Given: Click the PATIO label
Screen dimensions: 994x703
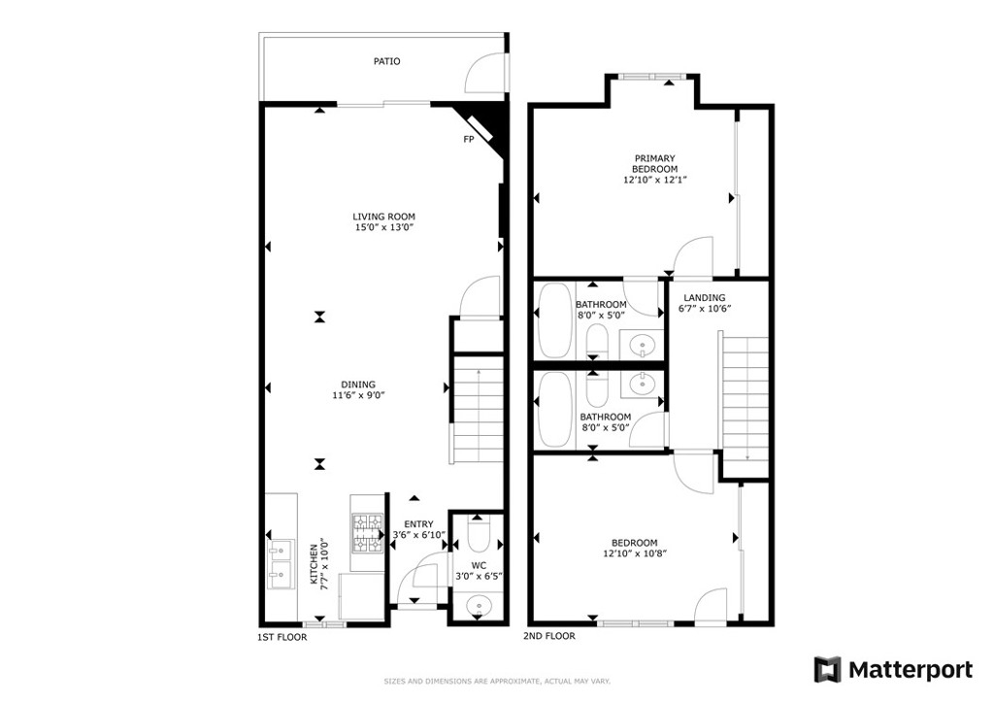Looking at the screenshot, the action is pos(386,61).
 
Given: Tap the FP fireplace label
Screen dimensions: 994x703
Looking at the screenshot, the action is pos(469,140).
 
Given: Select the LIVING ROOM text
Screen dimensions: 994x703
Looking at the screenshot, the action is pos(384,217).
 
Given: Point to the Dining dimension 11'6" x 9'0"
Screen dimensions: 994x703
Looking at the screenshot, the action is pos(359,395).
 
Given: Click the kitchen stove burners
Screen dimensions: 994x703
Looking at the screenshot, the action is pos(368,533).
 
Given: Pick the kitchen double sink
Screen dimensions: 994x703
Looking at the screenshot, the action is pos(281,564).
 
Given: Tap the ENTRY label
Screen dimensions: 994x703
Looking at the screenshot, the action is pos(419,524).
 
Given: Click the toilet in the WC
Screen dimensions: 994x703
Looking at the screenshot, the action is pos(478,534).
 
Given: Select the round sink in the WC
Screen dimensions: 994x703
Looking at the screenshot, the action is pos(478,607).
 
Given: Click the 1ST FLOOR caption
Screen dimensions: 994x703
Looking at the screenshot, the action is pos(282,637).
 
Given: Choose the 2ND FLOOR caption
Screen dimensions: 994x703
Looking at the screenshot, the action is pos(549,636).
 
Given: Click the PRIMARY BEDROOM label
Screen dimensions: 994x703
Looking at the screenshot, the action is pos(655,163).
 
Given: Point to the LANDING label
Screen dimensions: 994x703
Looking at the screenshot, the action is pos(705,297).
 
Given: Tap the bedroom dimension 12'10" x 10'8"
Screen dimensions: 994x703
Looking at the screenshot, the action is pos(635,553).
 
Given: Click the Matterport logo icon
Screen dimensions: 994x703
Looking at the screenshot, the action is pos(827,669).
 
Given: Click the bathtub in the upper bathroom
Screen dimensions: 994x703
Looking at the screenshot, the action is pos(554,320).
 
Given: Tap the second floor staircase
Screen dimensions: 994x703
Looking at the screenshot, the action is pos(745,398).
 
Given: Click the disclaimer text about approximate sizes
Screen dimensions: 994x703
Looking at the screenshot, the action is pos(497,682).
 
